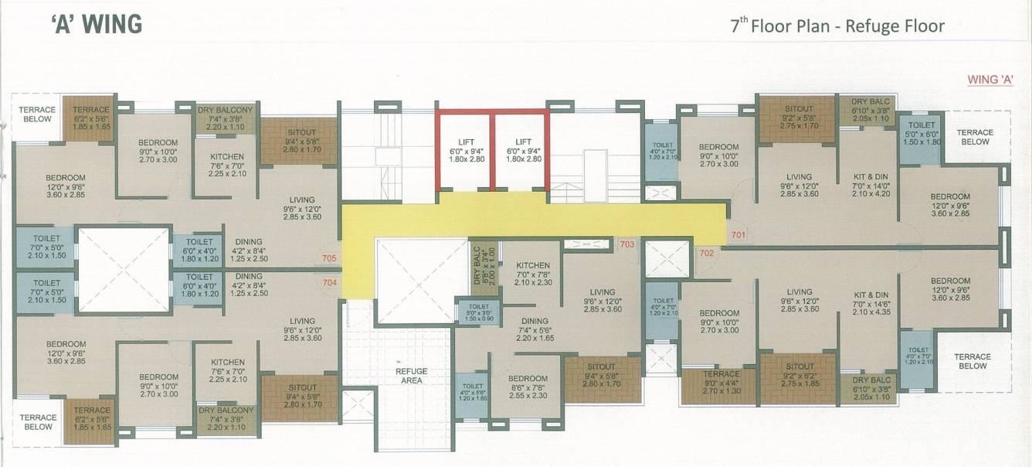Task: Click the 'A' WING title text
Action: click(97, 25)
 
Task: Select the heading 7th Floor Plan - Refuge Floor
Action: click(837, 26)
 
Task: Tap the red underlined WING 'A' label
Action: click(991, 79)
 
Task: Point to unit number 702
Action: click(706, 253)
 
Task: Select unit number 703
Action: click(626, 244)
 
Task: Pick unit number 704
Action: click(330, 282)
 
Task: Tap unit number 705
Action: click(330, 258)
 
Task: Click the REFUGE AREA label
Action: click(411, 377)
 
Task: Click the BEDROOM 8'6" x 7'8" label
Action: click(528, 386)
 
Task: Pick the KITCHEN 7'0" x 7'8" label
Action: click(533, 274)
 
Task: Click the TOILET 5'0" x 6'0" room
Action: click(921, 133)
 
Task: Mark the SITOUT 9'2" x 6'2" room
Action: click(799, 375)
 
